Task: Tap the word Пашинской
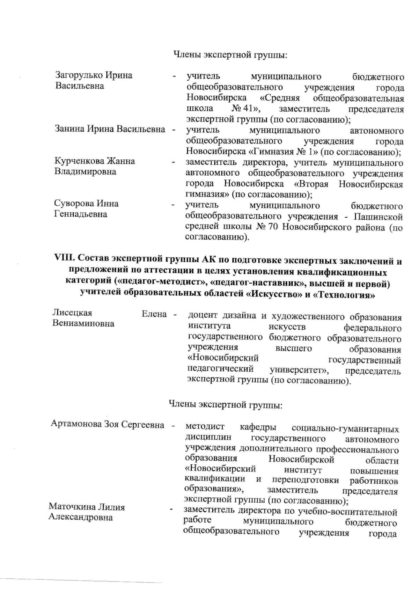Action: click(x=378, y=217)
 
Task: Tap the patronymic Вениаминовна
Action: click(x=83, y=324)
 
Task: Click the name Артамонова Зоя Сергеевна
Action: click(x=108, y=425)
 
